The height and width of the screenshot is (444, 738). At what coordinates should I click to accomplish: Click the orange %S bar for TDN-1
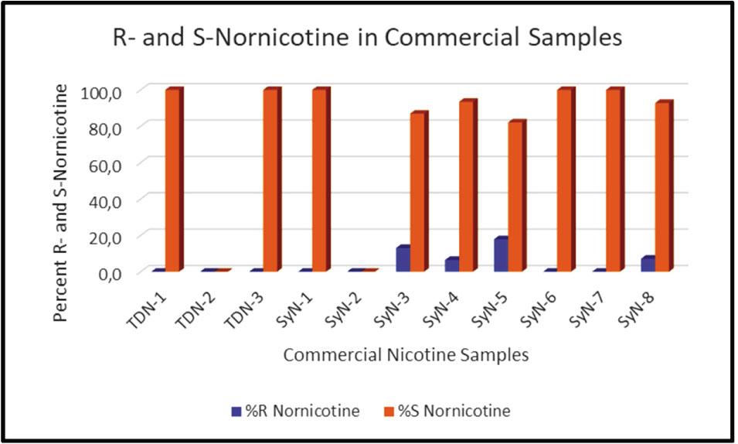172,179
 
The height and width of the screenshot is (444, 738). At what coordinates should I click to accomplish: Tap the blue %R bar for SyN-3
403,258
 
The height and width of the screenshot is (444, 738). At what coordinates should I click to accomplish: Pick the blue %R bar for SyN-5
501,254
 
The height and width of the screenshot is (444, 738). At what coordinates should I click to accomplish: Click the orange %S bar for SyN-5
516,196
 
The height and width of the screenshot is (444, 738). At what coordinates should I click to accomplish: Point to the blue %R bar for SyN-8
648,264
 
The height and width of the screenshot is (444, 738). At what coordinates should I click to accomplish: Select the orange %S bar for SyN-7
614,179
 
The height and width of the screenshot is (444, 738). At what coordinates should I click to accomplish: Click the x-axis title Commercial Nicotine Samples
406,355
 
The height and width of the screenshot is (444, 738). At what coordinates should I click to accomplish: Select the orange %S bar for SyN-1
320,179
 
